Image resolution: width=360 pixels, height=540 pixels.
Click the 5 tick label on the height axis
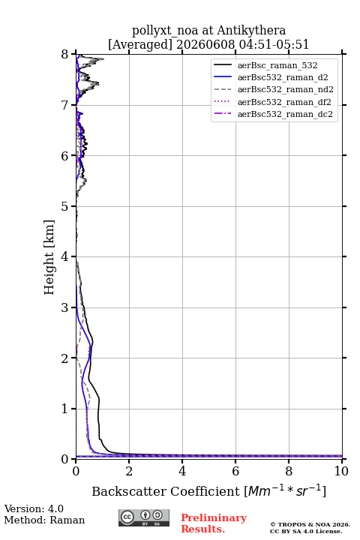(64, 206)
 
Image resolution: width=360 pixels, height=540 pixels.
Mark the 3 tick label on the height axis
(64, 307)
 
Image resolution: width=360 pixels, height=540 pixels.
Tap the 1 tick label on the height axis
(64, 409)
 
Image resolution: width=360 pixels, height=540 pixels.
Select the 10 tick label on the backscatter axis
(341, 471)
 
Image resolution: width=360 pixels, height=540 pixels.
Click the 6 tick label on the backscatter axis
(235, 471)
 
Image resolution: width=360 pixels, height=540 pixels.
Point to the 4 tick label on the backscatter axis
(182, 471)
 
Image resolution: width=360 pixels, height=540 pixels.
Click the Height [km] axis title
(49, 257)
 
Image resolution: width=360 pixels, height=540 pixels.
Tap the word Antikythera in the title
(251, 31)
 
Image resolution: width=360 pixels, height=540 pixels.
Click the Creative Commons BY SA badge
(144, 518)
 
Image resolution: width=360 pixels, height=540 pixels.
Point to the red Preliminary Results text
(214, 523)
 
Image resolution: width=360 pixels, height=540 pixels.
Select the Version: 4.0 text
(34, 508)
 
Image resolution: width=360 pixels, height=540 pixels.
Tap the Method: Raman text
(44, 520)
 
